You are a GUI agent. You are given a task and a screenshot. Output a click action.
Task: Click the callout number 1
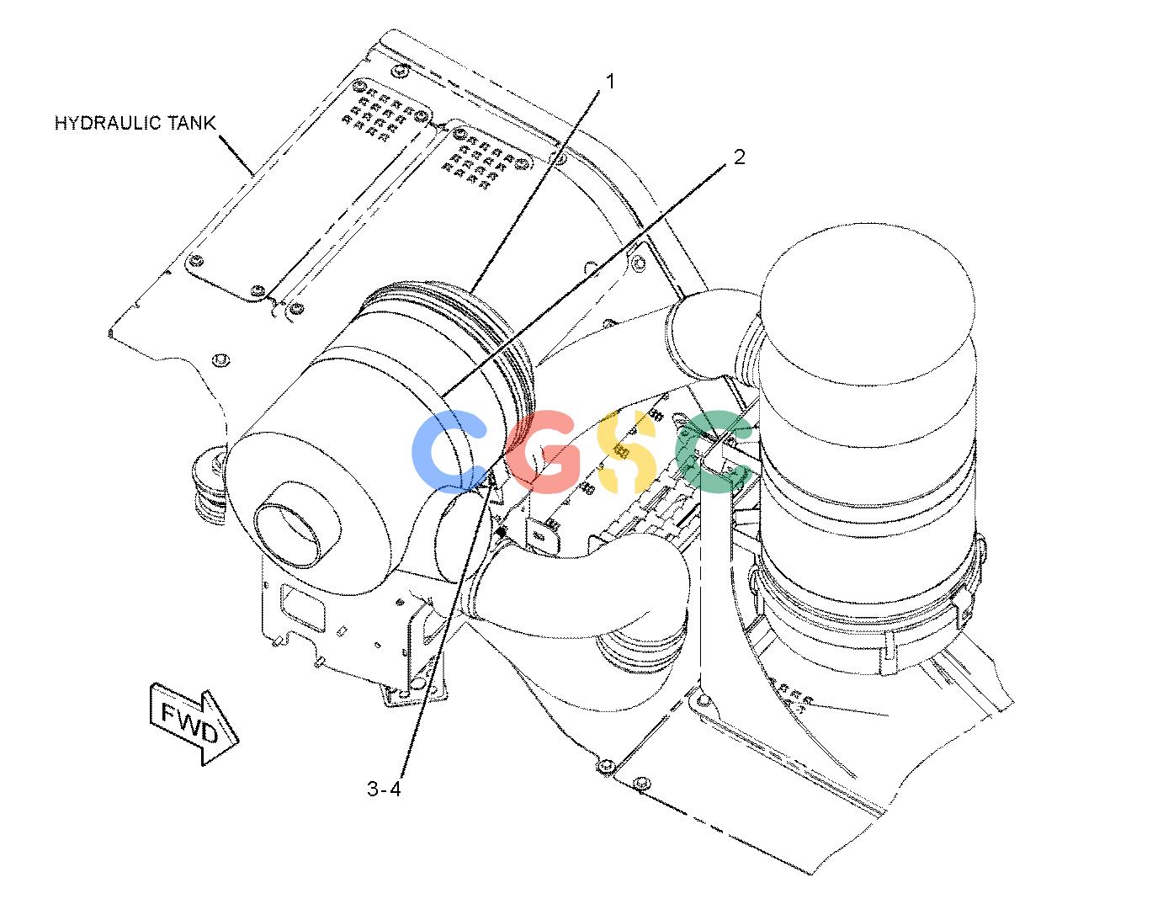(609, 82)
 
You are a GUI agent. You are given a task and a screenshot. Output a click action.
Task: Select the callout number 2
(739, 157)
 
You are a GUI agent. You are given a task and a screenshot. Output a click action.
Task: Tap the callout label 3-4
(384, 789)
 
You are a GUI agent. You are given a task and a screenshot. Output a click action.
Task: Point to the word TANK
(192, 123)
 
